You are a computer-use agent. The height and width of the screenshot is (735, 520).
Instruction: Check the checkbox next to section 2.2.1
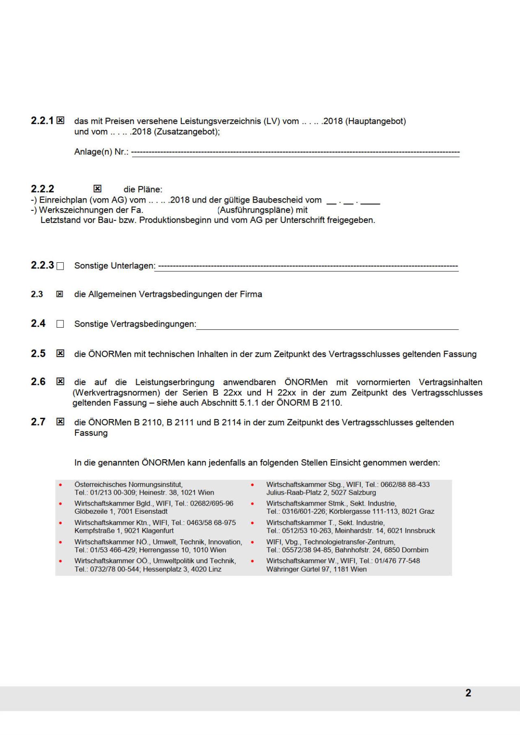tap(60, 120)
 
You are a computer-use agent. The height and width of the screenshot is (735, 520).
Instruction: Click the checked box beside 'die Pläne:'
tap(97, 188)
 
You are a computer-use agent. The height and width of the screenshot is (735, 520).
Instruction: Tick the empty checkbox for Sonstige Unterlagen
tap(60, 266)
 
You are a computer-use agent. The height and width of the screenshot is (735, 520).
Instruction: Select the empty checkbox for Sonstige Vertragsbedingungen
tap(60, 324)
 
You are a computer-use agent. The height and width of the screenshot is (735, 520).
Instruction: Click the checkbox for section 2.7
tap(60, 422)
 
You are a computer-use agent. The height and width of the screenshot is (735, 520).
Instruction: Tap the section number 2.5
tap(38, 353)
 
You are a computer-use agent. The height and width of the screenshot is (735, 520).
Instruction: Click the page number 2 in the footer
tap(468, 693)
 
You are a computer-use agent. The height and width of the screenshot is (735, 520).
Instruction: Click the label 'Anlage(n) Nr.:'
tap(101, 152)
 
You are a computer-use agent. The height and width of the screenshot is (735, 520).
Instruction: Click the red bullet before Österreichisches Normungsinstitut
tap(61, 485)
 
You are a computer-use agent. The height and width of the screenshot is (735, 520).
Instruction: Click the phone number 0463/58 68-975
tap(211, 523)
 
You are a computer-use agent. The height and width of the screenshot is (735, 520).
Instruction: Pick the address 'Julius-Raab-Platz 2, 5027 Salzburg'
tap(321, 493)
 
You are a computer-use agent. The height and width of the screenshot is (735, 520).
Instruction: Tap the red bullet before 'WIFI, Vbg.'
tap(253, 542)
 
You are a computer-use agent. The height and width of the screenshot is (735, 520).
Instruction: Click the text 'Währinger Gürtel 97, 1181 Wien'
tap(316, 569)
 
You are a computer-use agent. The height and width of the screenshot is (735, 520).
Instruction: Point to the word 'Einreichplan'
tap(63, 200)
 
